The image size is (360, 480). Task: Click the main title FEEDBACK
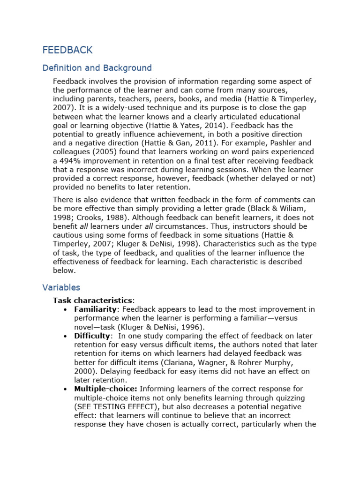[67, 50]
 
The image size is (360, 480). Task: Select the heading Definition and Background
[97, 68]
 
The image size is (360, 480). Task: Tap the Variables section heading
[61, 287]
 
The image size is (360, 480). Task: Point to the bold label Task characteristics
[93, 300]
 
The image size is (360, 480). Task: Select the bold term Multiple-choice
[105, 389]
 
